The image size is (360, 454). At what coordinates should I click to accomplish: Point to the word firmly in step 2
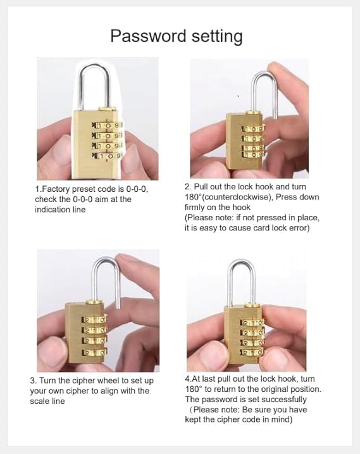point(196,207)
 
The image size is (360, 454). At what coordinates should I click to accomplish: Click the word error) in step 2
point(294,227)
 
